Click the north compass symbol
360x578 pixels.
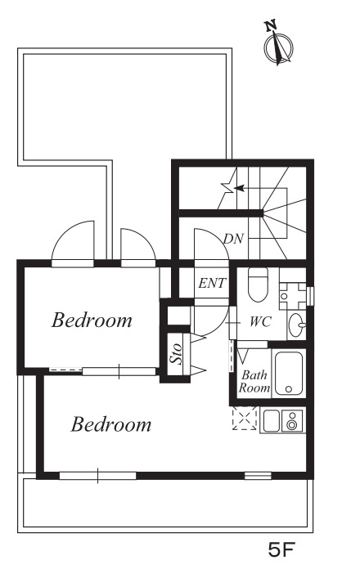pyautogui.click(x=277, y=45)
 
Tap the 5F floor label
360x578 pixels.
pyautogui.click(x=281, y=550)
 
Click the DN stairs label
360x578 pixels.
pyautogui.click(x=233, y=239)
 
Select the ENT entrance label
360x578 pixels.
pyautogui.click(x=212, y=283)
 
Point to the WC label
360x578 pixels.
pyautogui.click(x=260, y=321)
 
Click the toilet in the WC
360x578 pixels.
pyautogui.click(x=258, y=285)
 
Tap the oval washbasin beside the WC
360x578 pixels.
pyautogui.click(x=296, y=325)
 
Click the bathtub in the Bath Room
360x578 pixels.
pyautogui.click(x=289, y=373)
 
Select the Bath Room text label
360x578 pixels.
pyautogui.click(x=254, y=382)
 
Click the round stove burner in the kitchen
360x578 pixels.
pyautogui.click(x=292, y=424)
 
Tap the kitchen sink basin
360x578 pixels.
pyautogui.click(x=271, y=420)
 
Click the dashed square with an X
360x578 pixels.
pyautogui.click(x=244, y=418)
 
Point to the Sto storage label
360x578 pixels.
pyautogui.click(x=176, y=354)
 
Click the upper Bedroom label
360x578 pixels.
pyautogui.click(x=92, y=320)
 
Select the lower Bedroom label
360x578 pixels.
pyautogui.click(x=111, y=424)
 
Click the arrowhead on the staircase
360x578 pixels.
pyautogui.click(x=239, y=188)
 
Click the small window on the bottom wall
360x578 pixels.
pyautogui.click(x=258, y=476)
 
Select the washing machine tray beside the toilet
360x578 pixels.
pyautogui.click(x=293, y=296)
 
